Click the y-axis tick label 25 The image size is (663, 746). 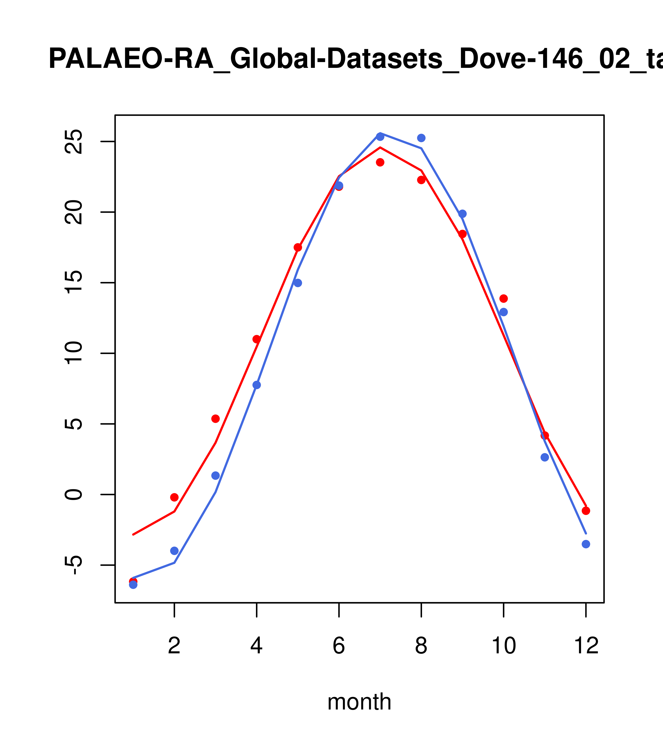[x=73, y=142]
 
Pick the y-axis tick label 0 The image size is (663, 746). [x=73, y=494]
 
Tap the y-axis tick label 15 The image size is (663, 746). [x=73, y=283]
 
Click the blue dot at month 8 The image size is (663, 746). [x=421, y=138]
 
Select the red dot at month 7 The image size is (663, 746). [x=380, y=162]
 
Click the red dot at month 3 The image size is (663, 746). [x=215, y=419]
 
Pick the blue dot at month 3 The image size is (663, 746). [x=215, y=475]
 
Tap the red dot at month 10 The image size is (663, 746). [x=503, y=299]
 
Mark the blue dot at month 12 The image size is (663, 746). [x=586, y=544]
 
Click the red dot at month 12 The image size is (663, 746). [x=586, y=511]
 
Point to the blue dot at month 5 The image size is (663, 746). [x=298, y=283]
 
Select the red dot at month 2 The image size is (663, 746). [x=175, y=497]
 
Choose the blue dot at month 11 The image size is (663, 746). [x=545, y=457]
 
